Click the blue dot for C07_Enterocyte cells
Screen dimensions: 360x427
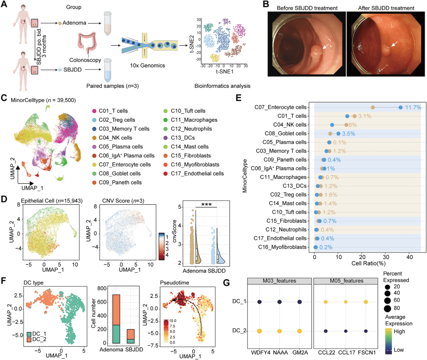(x=401, y=107)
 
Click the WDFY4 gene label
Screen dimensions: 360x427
(x=259, y=351)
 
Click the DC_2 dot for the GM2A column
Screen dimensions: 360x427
(x=300, y=331)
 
